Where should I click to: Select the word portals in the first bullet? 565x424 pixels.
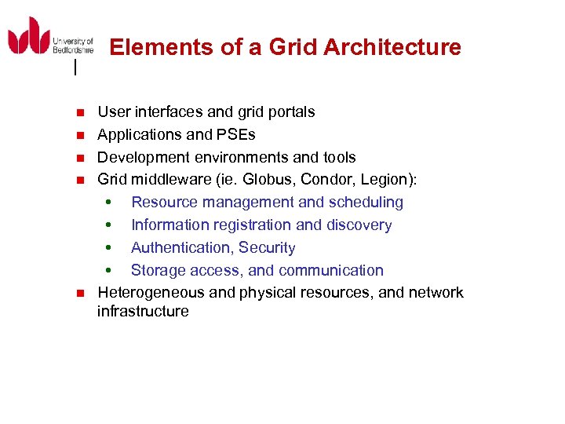pyautogui.click(x=290, y=112)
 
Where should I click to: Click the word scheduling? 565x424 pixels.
pyautogui.click(x=366, y=203)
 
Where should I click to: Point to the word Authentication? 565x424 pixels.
pyautogui.click(x=183, y=248)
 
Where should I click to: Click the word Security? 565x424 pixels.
pyautogui.click(x=268, y=248)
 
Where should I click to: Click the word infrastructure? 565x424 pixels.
pyautogui.click(x=143, y=312)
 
